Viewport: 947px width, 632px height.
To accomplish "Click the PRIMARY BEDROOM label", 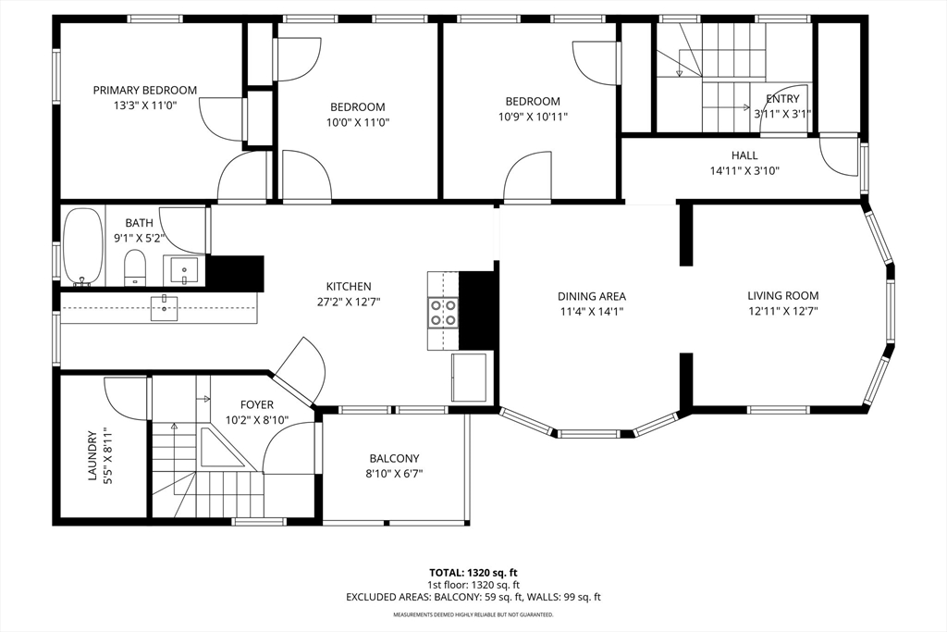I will point(144,90).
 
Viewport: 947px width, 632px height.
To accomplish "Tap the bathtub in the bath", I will point(83,245).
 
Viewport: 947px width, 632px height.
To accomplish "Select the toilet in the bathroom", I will point(135,267).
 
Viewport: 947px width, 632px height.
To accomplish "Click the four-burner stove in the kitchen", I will point(443,312).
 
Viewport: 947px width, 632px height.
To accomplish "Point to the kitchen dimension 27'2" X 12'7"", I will point(349,302).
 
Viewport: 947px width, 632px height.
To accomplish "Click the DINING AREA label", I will point(591,296).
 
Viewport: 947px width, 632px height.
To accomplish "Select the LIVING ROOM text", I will point(782,296).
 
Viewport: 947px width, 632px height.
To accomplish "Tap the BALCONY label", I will point(394,458).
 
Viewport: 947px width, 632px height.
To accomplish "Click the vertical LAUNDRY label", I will point(92,454).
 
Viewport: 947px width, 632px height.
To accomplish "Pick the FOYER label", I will point(256,404).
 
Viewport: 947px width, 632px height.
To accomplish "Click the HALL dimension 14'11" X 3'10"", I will point(744,170).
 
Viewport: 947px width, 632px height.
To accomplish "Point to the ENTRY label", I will point(782,99).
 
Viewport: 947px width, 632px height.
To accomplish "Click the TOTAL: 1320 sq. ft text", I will point(473,572).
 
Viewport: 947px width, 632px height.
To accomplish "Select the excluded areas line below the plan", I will point(473,597).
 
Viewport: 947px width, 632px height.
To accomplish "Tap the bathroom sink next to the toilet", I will point(184,272).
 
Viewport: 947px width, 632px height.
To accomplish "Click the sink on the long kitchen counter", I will point(164,306).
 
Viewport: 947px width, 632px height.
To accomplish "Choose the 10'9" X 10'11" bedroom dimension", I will point(532,117).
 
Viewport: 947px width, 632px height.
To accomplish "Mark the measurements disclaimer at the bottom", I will point(473,614).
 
